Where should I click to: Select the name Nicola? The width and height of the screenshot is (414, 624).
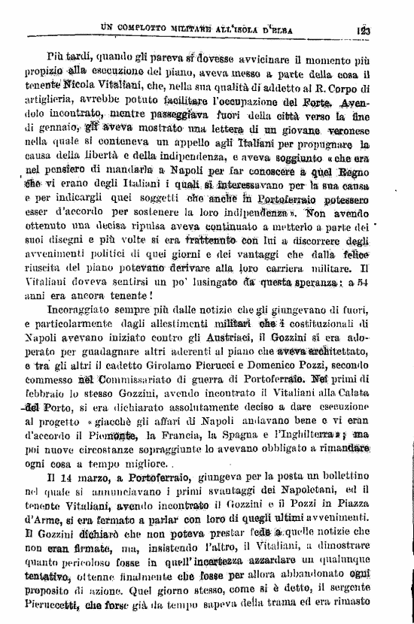coord(83,88)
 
